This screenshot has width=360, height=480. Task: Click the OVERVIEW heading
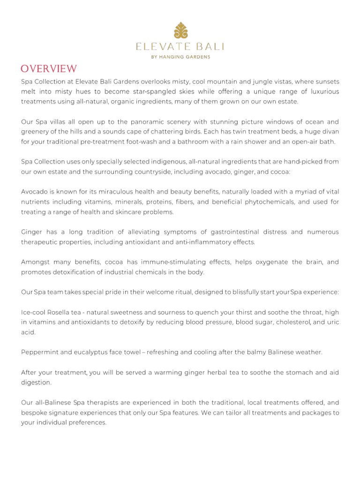pos(49,69)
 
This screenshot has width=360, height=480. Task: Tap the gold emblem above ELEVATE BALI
pos(180,30)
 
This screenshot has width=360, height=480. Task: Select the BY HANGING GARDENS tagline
pos(180,57)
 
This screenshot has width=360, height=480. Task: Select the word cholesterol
pos(294,322)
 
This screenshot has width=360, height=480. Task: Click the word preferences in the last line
pos(87,422)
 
